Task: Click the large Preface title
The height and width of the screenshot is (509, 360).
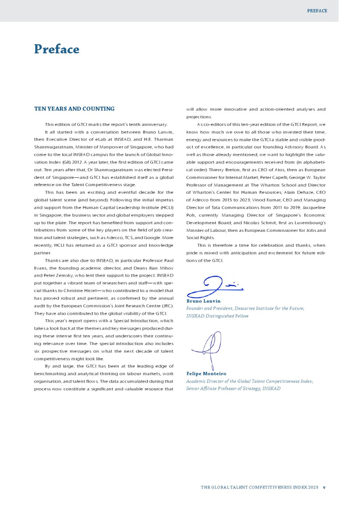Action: point(57,49)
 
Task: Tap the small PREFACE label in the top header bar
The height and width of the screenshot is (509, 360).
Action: point(317,11)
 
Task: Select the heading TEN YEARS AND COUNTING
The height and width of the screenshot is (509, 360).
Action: point(74,109)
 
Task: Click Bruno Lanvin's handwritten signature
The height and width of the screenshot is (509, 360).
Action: point(215,286)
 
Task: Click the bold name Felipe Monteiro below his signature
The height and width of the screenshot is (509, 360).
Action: point(206,373)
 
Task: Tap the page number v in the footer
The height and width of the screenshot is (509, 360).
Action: point(325,487)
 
